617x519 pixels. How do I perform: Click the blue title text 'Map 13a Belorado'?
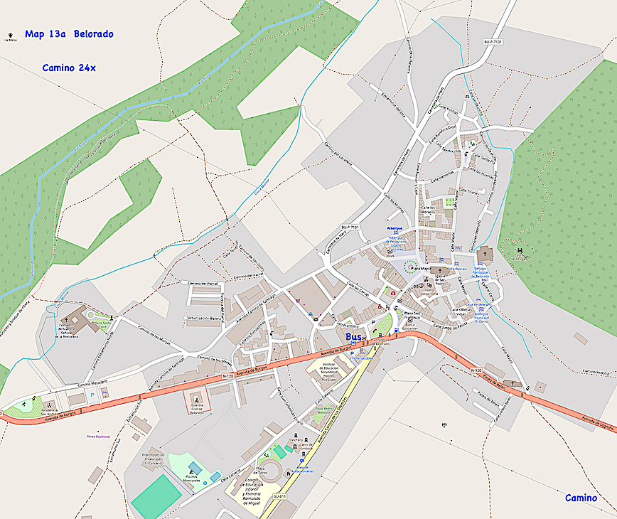tap(69, 34)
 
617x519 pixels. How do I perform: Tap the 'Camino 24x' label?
tap(69, 68)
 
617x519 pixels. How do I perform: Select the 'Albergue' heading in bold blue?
tap(395, 228)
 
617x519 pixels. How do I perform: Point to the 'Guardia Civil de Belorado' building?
tap(197, 402)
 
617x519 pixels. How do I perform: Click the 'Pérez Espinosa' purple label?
tap(97, 436)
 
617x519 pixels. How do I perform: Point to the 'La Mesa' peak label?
tap(10, 40)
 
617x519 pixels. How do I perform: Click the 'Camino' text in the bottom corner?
tap(581, 498)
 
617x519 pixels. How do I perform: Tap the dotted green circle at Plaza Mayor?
tap(410, 267)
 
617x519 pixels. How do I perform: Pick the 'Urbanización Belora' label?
tap(204, 318)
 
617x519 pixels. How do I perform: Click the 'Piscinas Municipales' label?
tap(192, 478)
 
